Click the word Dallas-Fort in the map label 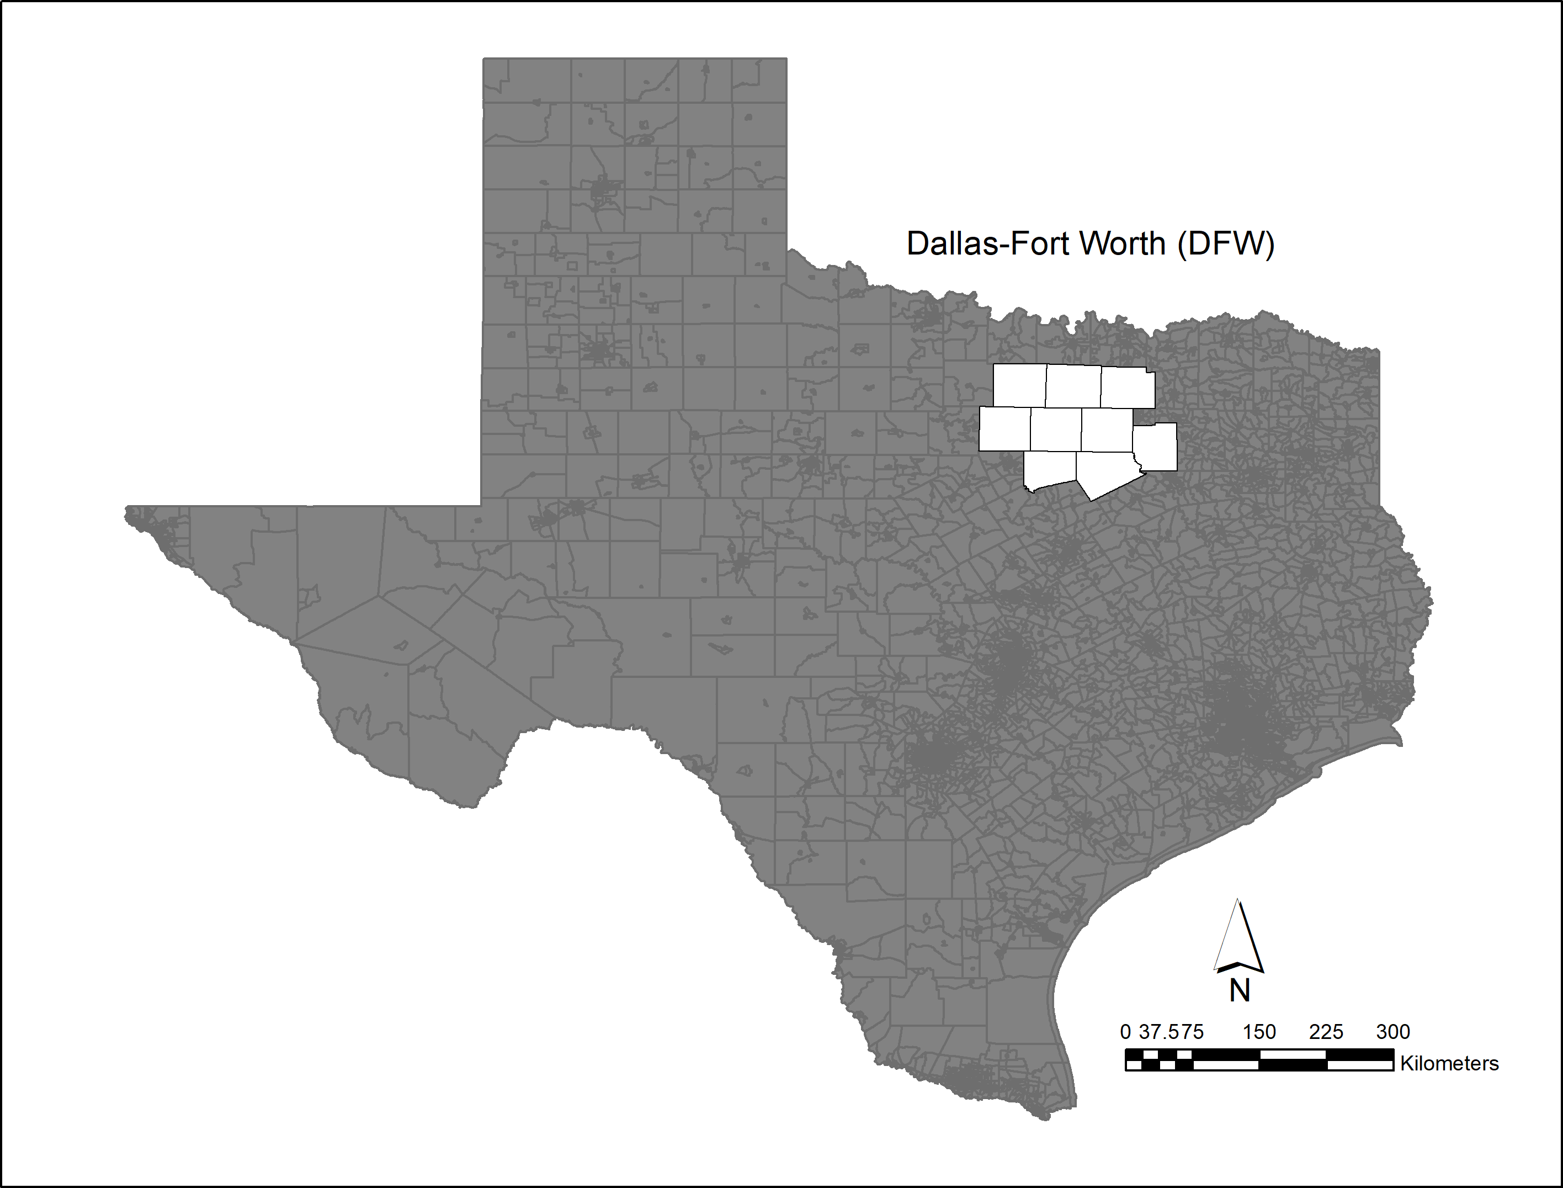point(990,243)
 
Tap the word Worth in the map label point(1125,243)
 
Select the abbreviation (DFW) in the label point(1226,243)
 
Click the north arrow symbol point(1238,936)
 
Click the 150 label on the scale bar point(1259,1032)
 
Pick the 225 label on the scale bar point(1326,1032)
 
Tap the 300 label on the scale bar point(1392,1032)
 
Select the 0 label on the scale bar point(1125,1032)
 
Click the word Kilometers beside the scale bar point(1449,1064)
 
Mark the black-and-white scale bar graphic point(1259,1060)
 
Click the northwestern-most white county point(1019,385)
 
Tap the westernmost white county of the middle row point(1004,428)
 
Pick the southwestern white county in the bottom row point(1051,470)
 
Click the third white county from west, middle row point(1107,429)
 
